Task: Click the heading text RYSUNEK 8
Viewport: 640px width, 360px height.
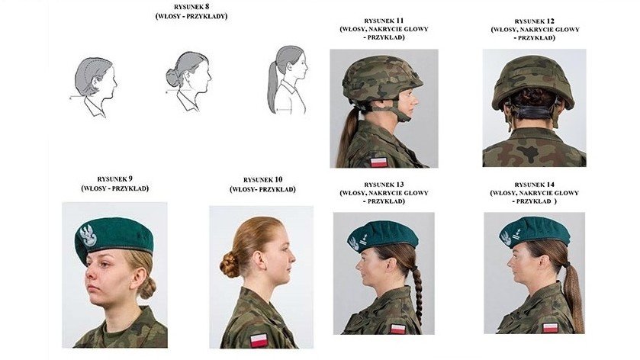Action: pos(191,7)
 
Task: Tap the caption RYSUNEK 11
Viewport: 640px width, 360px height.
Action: pos(384,21)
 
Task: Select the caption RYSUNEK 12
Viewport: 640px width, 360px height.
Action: pos(534,21)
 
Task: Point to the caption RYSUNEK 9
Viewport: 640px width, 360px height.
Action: pos(114,178)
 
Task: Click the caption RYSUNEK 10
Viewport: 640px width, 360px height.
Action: pos(262,179)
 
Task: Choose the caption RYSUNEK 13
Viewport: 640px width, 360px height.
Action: pos(384,185)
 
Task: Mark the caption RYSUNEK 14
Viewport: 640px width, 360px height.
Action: pos(534,185)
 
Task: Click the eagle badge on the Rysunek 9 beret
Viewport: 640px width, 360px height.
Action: pos(88,236)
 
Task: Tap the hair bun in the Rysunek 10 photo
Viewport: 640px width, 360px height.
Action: pos(230,265)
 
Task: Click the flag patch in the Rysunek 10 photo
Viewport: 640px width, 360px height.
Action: pos(259,339)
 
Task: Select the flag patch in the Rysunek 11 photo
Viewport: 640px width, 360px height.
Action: pos(378,162)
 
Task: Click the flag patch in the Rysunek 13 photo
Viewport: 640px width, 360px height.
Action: pos(397,329)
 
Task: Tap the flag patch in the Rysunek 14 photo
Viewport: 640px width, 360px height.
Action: pos(550,327)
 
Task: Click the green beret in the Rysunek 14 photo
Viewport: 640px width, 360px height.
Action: pos(534,231)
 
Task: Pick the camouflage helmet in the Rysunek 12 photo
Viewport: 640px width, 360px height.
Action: pos(532,82)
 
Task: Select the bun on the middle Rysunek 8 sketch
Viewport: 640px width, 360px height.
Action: pos(172,77)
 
